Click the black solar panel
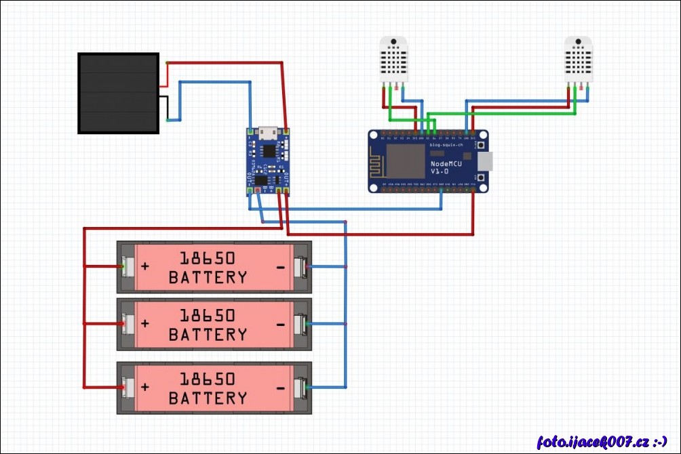click(118, 93)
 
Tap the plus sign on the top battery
click(144, 266)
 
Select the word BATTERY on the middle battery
click(208, 335)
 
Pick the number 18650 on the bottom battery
click(208, 378)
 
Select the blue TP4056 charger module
click(269, 161)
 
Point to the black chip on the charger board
click(269, 150)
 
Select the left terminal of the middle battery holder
click(126, 324)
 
